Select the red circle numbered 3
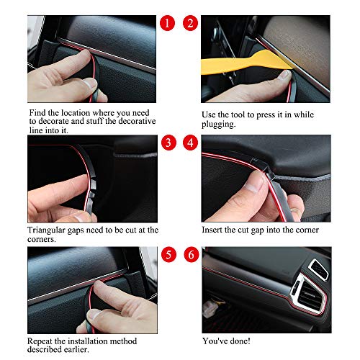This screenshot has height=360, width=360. (x=167, y=142)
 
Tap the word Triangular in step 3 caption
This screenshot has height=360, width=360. (x=50, y=230)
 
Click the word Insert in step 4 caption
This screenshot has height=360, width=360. (x=215, y=230)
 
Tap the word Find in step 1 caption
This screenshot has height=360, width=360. (x=38, y=114)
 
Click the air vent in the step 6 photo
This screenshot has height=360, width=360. (x=312, y=296)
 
